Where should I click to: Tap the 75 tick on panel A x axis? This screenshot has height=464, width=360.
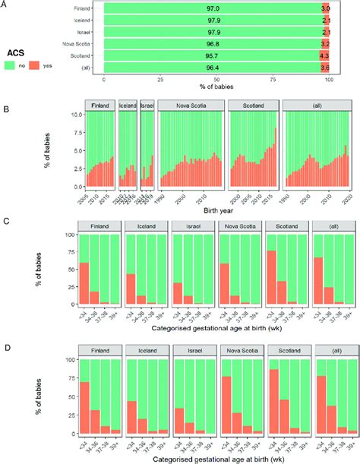pos(275,80)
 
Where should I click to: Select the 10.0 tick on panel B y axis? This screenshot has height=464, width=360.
pos(73,115)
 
